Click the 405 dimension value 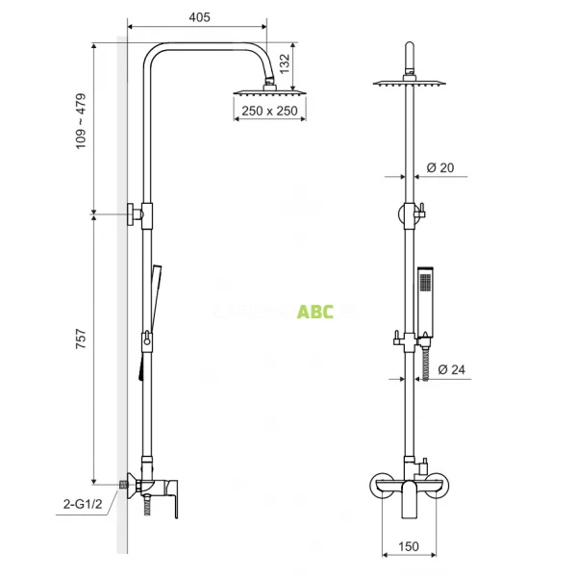click(200, 17)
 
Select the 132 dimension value click(284, 63)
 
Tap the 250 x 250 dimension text click(268, 112)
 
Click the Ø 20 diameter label click(439, 167)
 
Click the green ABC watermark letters click(315, 312)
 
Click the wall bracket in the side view click(137, 213)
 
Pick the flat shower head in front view click(413, 83)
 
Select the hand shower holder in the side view click(146, 339)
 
